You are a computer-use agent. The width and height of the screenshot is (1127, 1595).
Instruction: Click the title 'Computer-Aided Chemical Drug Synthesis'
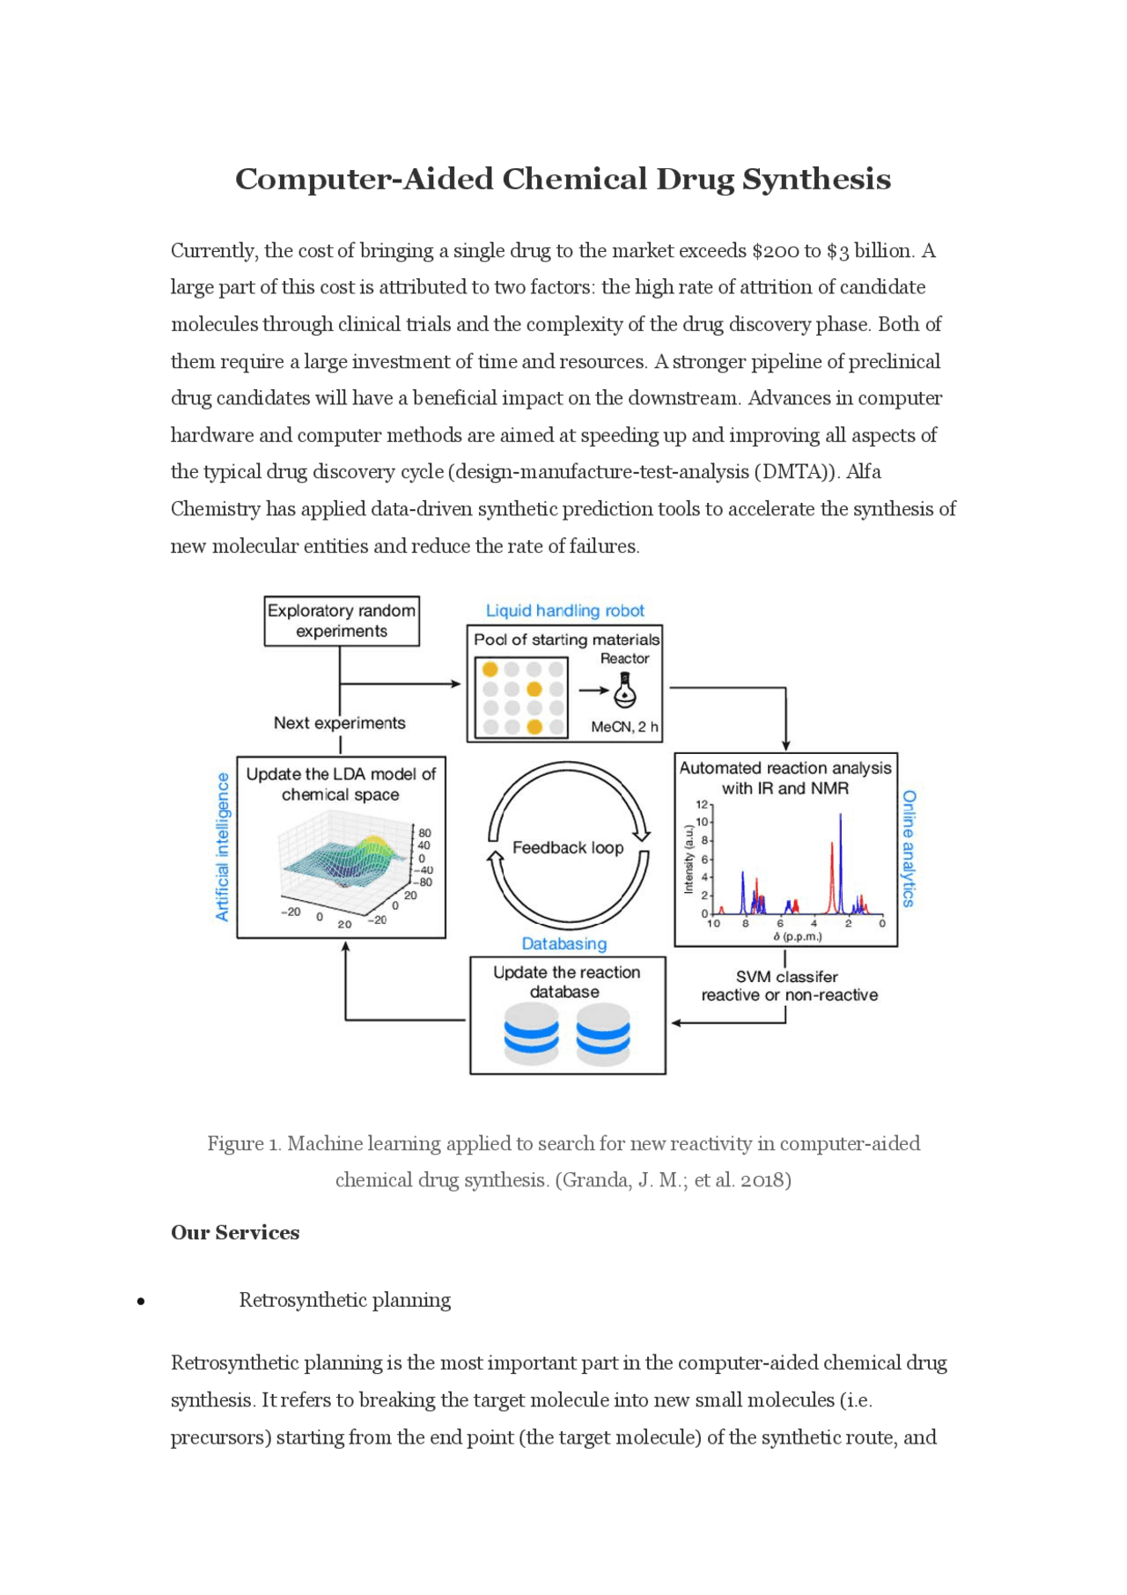pyautogui.click(x=563, y=180)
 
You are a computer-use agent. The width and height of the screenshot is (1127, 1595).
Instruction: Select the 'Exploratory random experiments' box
pyautogui.click(x=342, y=621)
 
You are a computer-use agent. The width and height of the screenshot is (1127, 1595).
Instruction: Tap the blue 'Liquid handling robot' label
pyautogui.click(x=564, y=610)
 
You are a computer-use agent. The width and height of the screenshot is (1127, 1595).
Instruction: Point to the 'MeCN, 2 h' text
pyautogui.click(x=624, y=727)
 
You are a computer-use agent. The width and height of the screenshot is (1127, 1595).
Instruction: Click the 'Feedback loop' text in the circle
pyautogui.click(x=568, y=847)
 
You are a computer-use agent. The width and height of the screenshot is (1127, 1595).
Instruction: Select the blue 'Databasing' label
pyautogui.click(x=564, y=943)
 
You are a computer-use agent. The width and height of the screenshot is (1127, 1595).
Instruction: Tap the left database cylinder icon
pyautogui.click(x=531, y=1034)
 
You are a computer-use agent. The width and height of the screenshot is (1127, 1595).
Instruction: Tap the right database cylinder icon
pyautogui.click(x=603, y=1034)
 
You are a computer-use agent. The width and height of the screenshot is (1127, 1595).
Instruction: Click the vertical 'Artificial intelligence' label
pyautogui.click(x=223, y=846)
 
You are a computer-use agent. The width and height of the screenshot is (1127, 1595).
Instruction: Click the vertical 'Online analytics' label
pyautogui.click(x=910, y=848)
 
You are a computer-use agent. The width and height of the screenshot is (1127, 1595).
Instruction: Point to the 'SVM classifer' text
pyautogui.click(x=786, y=977)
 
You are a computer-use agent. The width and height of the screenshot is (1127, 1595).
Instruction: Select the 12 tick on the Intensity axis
pyautogui.click(x=702, y=804)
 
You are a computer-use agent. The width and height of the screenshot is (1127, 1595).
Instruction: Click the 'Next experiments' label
pyautogui.click(x=339, y=723)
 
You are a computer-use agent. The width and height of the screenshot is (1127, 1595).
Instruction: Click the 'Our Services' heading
pyautogui.click(x=235, y=1232)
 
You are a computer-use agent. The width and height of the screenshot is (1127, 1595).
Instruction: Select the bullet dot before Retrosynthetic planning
pyautogui.click(x=141, y=1301)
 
